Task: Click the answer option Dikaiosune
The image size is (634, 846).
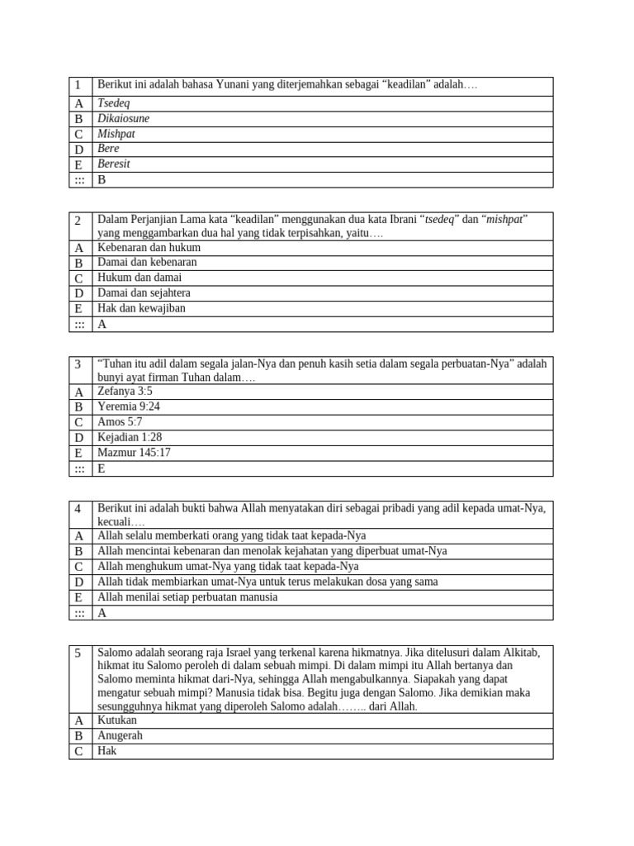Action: click(x=124, y=119)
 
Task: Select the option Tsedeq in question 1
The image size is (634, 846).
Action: click(x=114, y=104)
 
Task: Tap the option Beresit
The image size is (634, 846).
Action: click(x=114, y=164)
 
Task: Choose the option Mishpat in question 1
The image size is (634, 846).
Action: click(x=116, y=134)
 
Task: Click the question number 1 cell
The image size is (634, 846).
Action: click(x=78, y=86)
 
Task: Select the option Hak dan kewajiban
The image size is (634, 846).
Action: click(x=141, y=308)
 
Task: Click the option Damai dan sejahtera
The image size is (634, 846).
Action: click(x=145, y=293)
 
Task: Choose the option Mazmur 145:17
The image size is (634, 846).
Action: click(x=134, y=453)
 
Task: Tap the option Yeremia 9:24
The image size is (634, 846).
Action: click(x=129, y=406)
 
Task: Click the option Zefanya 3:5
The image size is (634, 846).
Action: click(x=125, y=392)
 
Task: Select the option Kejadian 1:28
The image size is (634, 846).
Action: click(x=130, y=438)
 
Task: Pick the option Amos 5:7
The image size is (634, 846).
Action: click(x=120, y=422)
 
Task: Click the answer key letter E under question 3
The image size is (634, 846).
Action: click(x=102, y=468)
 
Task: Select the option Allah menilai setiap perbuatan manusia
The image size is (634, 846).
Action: click(x=187, y=597)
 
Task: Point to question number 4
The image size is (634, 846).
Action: click(x=78, y=509)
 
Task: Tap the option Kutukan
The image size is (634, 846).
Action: click(x=118, y=720)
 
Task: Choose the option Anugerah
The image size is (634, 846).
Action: click(x=121, y=735)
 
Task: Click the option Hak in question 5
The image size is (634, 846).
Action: click(x=107, y=751)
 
